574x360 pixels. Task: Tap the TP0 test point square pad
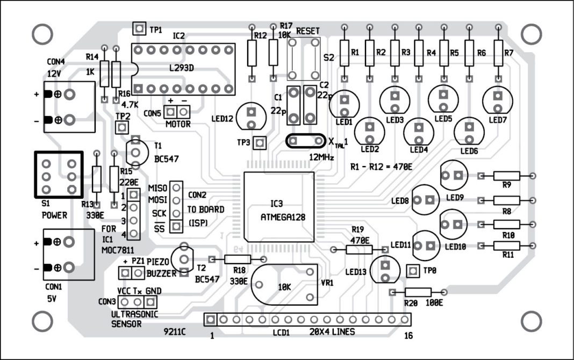click(x=413, y=270)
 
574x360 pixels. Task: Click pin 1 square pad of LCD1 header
click(x=211, y=319)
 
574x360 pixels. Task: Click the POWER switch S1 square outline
click(x=58, y=176)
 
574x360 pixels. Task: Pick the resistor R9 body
click(x=506, y=176)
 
